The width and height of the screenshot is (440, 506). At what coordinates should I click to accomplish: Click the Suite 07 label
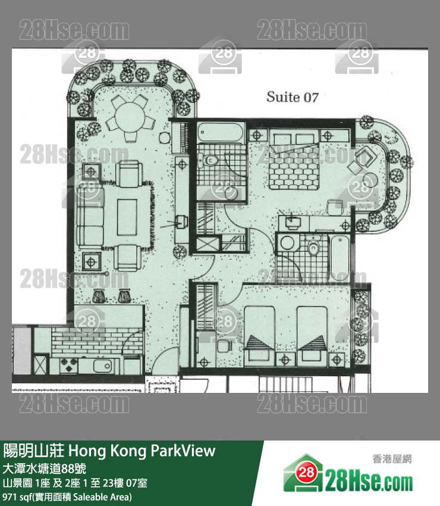(x=293, y=97)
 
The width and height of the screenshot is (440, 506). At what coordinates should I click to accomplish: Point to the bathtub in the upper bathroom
(x=221, y=132)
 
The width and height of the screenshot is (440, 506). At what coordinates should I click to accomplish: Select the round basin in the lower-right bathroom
(x=289, y=243)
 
